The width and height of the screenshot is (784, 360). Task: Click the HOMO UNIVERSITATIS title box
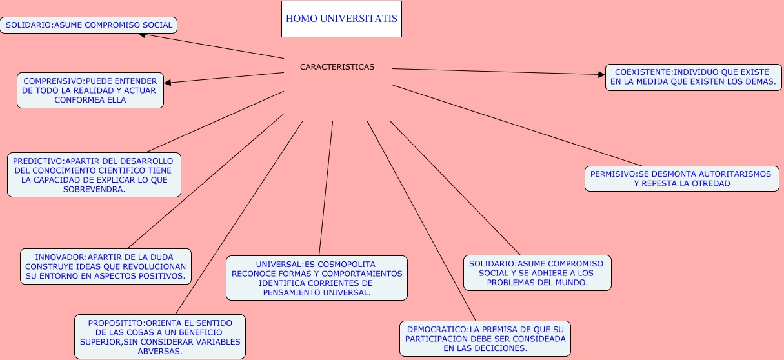click(341, 19)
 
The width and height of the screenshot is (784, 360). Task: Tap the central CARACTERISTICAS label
click(337, 67)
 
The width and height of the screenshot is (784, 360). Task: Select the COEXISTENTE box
click(693, 77)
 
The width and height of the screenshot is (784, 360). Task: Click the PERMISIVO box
click(681, 179)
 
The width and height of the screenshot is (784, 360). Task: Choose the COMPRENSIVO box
click(90, 90)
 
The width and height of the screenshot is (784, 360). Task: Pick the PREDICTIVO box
click(94, 175)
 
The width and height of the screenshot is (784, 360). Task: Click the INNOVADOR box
click(105, 266)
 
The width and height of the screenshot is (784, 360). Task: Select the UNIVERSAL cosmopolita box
click(316, 278)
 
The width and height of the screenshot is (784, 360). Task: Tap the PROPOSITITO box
click(159, 337)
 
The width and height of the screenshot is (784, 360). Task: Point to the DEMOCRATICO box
click(485, 338)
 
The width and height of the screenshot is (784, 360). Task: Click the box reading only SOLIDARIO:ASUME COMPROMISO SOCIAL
click(89, 25)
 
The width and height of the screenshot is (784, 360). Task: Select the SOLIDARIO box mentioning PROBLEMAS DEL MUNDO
click(537, 273)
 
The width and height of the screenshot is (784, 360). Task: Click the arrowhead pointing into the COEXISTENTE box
click(601, 75)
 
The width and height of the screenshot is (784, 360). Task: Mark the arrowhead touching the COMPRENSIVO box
click(168, 82)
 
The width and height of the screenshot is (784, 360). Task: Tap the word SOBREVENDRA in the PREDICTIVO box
click(94, 190)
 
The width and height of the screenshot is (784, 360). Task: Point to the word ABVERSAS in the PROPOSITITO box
click(159, 351)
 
